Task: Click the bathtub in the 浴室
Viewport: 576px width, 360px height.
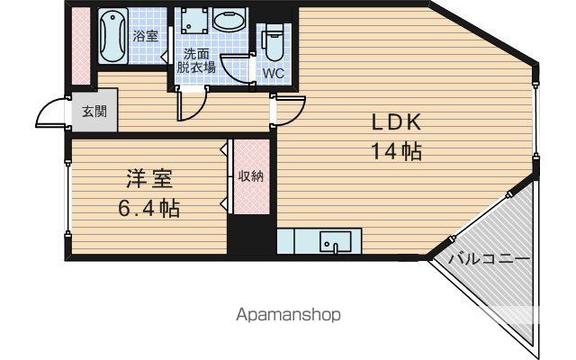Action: point(112,36)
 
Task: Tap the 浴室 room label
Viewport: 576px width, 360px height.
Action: point(145,36)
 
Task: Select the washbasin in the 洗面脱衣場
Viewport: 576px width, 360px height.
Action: point(229,20)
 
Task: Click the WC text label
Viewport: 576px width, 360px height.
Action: point(274,73)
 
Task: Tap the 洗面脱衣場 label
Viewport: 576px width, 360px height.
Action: point(196,60)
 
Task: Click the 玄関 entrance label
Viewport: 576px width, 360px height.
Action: point(94,111)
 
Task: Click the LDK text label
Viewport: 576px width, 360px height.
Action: point(396,122)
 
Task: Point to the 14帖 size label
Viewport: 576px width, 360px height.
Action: point(397,150)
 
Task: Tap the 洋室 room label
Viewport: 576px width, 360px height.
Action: point(149,179)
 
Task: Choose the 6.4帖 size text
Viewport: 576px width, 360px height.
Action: point(148,208)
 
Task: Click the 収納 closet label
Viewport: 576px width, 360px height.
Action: point(250,176)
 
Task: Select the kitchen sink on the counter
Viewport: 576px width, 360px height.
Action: point(336,241)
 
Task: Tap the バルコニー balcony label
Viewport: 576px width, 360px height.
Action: point(490,259)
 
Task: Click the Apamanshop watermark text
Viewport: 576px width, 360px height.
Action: point(288,315)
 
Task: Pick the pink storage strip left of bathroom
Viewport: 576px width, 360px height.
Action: point(81,46)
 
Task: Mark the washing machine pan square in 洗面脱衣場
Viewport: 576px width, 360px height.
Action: point(194,21)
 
